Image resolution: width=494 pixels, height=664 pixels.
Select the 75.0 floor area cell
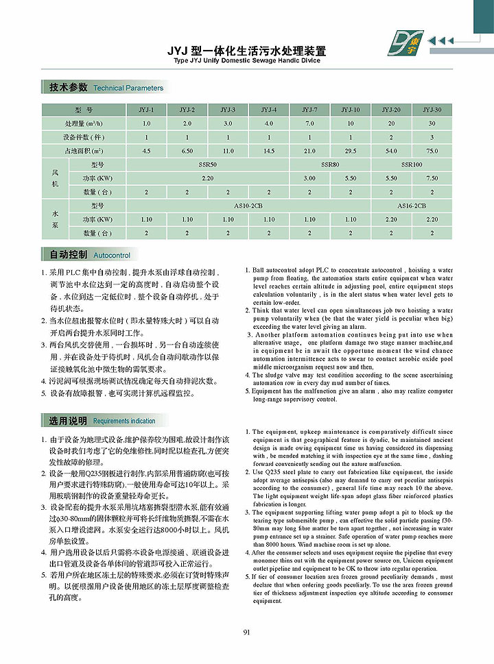click(x=432, y=150)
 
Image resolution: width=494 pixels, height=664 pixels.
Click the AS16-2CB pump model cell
click(x=412, y=206)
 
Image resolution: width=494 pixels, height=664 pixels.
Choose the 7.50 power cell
click(x=432, y=178)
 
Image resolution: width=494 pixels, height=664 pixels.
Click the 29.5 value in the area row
click(x=351, y=150)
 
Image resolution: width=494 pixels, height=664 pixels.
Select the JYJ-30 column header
click(x=432, y=110)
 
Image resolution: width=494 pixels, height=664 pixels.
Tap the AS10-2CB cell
click(x=248, y=206)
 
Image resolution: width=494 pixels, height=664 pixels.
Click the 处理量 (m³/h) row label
click(x=84, y=123)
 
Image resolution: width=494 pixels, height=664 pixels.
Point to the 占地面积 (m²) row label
click(x=84, y=150)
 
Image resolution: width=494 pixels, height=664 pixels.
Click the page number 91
click(x=246, y=632)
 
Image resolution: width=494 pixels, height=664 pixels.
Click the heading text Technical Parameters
click(x=128, y=88)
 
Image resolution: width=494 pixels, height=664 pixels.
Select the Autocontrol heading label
click(x=111, y=256)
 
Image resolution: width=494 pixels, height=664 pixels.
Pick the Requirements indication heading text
click(x=124, y=421)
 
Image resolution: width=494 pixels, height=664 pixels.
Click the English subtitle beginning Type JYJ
click(x=247, y=60)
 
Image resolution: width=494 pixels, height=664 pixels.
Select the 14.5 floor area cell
click(x=269, y=150)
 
